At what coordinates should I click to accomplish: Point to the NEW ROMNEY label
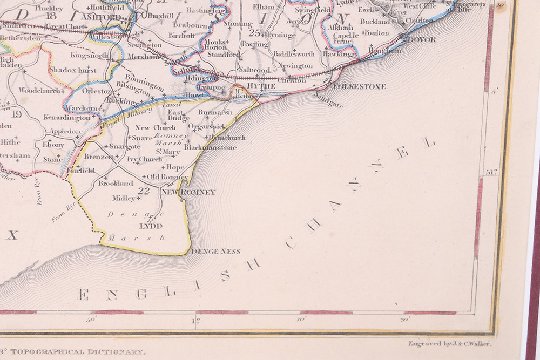pyautogui.click(x=189, y=192)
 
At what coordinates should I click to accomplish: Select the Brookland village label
pyautogui.click(x=116, y=184)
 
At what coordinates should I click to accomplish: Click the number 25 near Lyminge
pyautogui.click(x=255, y=33)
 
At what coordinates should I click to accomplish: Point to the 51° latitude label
pyautogui.click(x=490, y=173)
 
